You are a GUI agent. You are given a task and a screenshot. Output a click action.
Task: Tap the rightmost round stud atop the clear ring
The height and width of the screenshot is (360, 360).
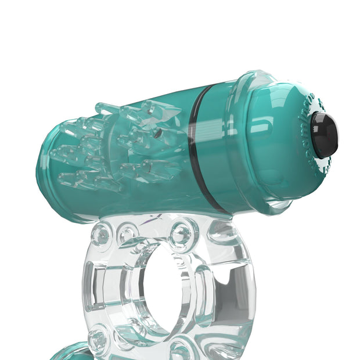[x=182, y=233]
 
